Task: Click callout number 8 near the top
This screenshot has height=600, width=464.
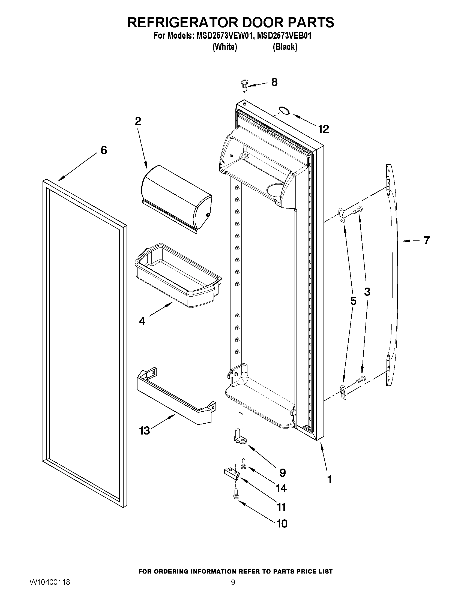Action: pyautogui.click(x=274, y=82)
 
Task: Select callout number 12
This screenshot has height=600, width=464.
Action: pyautogui.click(x=324, y=129)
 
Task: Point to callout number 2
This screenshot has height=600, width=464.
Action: pyautogui.click(x=138, y=121)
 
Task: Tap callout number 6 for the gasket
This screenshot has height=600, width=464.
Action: pyautogui.click(x=104, y=150)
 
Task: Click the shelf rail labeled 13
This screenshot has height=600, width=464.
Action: pyautogui.click(x=176, y=396)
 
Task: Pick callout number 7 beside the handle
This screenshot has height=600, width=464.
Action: pyautogui.click(x=426, y=241)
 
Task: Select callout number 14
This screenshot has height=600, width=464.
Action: pyautogui.click(x=281, y=488)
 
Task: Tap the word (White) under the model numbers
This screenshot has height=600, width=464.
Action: pyautogui.click(x=225, y=47)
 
